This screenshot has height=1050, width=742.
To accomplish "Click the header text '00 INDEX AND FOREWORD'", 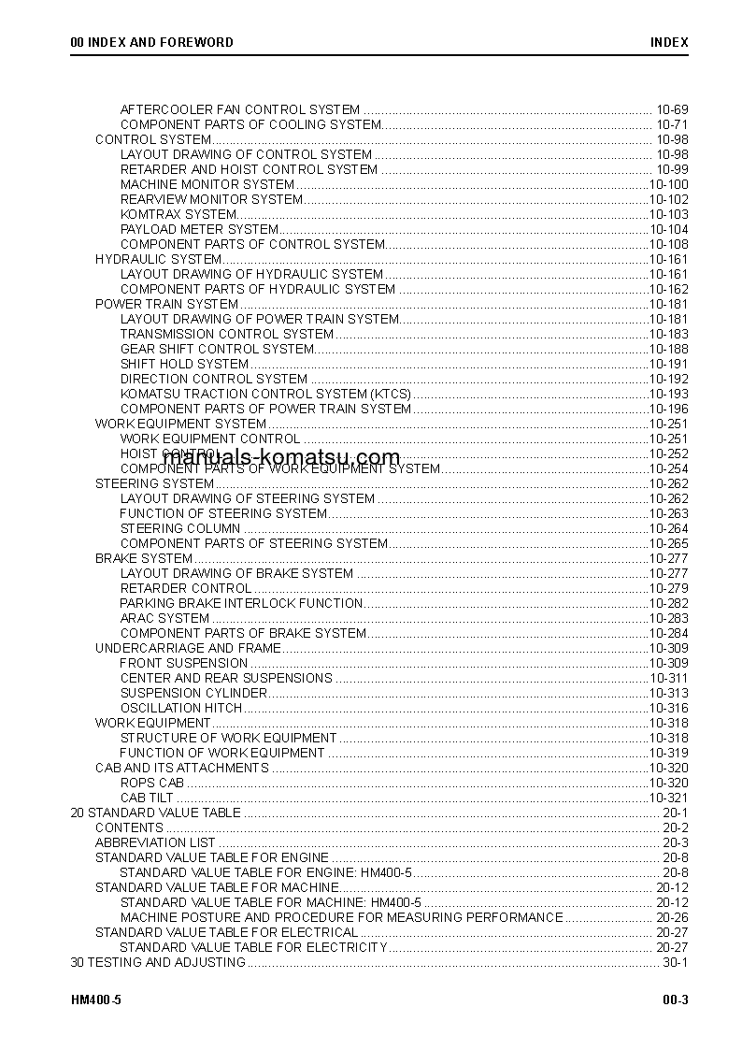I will coord(151,42).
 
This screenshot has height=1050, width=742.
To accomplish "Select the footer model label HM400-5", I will coord(96,1000).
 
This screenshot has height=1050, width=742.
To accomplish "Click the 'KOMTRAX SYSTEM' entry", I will coord(178,214).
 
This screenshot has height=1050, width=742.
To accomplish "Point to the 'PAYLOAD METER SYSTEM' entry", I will coord(199,229).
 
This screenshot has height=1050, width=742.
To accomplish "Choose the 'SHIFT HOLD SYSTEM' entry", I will coord(185,364).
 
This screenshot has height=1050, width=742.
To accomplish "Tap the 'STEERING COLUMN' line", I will coord(180,528).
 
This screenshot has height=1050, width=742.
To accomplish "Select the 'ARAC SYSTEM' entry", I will coord(164,618).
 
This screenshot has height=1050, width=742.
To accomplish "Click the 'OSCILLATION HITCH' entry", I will coord(181,708).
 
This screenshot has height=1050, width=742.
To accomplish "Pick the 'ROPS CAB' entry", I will coord(152,783).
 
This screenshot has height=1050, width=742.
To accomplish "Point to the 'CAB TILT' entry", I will coord(147,798).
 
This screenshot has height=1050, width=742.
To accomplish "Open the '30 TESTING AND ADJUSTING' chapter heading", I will coord(158,962).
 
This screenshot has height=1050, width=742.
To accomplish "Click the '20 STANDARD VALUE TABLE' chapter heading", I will coord(155,813).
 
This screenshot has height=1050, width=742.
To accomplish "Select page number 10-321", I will coord(668,798).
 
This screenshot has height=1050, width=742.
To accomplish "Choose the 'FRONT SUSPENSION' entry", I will coord(184,663).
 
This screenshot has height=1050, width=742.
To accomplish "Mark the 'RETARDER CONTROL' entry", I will coord(186,588).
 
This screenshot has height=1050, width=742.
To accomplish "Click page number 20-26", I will coord(671,917).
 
